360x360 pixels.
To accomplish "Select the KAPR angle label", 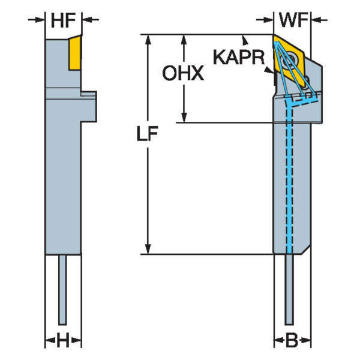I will pos(238,58).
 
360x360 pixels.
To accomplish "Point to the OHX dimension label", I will pos(184,73).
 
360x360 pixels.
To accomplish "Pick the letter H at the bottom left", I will pos(63,342).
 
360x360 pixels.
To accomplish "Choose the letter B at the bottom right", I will pos(292,342).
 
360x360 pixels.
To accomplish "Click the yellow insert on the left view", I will pos(75,52).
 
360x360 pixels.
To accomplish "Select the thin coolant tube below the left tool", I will pos(62,288).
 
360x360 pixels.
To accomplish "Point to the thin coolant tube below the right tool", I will pos(291,288).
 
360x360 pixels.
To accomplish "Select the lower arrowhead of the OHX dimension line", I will pos(184,119).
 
